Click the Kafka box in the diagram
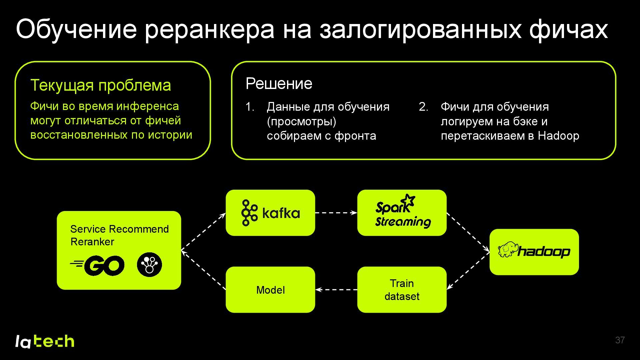pyautogui.click(x=270, y=213)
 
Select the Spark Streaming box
pyautogui.click(x=402, y=213)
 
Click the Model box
pyautogui.click(x=270, y=290)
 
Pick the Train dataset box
pyautogui.click(x=402, y=290)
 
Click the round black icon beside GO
pyautogui.click(x=149, y=265)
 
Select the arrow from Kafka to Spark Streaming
pyautogui.click(x=336, y=213)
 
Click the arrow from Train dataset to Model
pyautogui.click(x=336, y=290)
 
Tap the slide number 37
pyautogui.click(x=620, y=340)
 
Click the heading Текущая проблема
pyautogui.click(x=101, y=85)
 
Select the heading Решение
pyautogui.click(x=279, y=83)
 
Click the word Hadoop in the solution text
pyautogui.click(x=558, y=136)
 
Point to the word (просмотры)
pyautogui.click(x=301, y=121)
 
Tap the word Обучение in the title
pyautogui.click(x=76, y=29)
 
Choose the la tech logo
pyautogui.click(x=45, y=341)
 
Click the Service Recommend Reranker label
pyautogui.click(x=119, y=235)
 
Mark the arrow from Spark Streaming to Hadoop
pyautogui.click(x=468, y=232)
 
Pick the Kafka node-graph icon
pyautogui.click(x=249, y=213)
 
